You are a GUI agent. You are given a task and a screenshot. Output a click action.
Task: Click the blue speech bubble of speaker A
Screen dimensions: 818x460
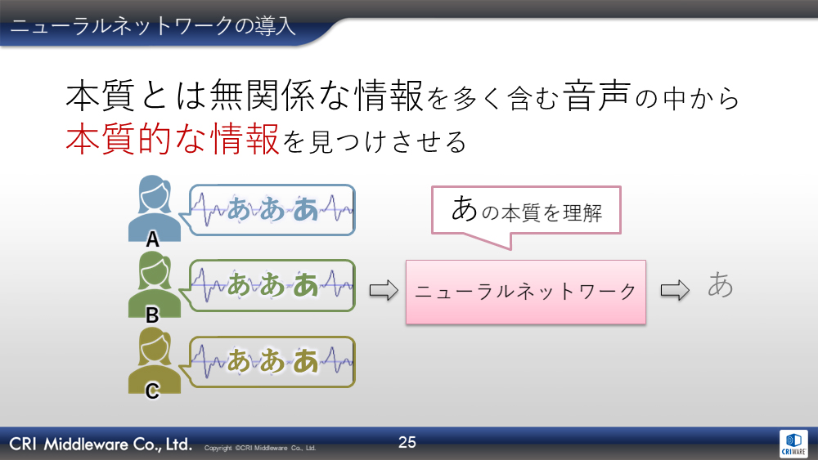(x=272, y=210)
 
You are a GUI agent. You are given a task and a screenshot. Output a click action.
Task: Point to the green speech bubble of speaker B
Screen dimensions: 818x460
(x=272, y=285)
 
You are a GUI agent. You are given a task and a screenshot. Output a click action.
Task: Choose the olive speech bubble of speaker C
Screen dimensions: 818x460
(x=272, y=361)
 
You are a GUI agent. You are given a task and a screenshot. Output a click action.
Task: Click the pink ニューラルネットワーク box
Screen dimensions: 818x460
(x=526, y=292)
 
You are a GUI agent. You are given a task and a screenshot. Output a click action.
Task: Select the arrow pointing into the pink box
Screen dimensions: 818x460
(x=384, y=290)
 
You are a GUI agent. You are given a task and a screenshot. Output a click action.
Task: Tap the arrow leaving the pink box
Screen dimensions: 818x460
(x=675, y=290)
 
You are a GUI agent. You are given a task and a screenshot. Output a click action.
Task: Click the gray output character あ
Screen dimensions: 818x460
(x=721, y=284)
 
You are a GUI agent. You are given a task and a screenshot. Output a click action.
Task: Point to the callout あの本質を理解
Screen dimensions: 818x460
(x=526, y=210)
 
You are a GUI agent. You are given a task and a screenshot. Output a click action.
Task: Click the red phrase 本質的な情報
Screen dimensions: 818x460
(x=173, y=139)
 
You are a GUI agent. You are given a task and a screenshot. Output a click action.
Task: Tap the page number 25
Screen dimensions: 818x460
(x=407, y=442)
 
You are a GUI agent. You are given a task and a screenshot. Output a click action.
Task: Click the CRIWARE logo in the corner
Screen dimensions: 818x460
(x=793, y=444)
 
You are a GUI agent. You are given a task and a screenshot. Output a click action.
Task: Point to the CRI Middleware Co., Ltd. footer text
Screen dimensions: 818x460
(x=101, y=444)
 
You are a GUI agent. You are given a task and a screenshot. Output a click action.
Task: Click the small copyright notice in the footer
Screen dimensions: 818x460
(x=260, y=448)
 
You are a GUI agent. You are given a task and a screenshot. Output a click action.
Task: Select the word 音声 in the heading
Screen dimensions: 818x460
(x=597, y=96)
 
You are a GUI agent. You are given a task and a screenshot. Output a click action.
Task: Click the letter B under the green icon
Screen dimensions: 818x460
(x=152, y=315)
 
